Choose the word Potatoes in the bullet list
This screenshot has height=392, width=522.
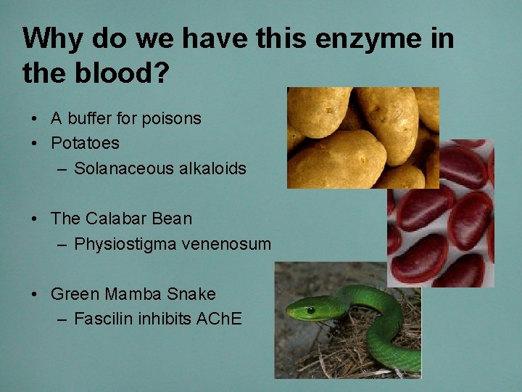click(x=85, y=143)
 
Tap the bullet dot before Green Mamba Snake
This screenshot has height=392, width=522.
click(x=35, y=295)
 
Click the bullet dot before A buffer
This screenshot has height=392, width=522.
click(x=35, y=119)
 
